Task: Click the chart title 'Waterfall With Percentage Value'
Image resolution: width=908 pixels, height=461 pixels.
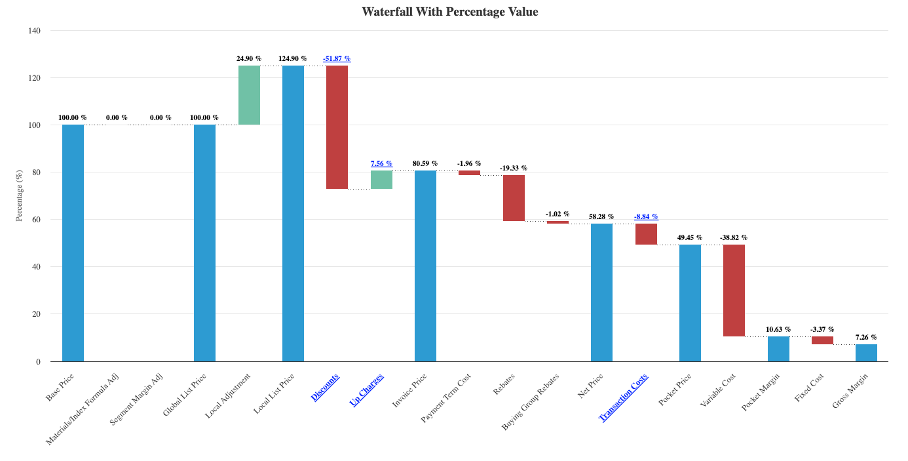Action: [449, 12]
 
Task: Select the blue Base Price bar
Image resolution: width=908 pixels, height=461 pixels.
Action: [73, 243]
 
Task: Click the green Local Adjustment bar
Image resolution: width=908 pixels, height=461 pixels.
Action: [249, 95]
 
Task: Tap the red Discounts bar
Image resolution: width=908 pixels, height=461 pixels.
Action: [337, 127]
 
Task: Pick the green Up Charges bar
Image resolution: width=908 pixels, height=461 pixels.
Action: [381, 180]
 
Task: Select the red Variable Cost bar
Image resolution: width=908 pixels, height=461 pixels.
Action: [734, 291]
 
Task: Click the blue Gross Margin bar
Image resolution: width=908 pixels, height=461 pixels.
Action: [866, 353]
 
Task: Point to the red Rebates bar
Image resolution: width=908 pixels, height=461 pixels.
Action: [514, 198]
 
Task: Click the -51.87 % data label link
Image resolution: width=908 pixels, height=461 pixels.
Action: [337, 59]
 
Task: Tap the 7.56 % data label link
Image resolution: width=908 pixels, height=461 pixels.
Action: [381, 164]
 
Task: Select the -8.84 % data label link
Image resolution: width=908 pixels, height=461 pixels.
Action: [646, 216]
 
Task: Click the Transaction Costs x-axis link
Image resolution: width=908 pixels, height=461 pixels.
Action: [624, 397]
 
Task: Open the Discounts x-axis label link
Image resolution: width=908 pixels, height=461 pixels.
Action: [326, 387]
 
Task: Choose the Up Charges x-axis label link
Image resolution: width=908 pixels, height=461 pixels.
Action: [367, 390]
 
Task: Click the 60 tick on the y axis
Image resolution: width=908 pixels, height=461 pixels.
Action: [36, 220]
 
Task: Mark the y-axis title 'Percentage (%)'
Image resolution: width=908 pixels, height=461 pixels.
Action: [20, 195]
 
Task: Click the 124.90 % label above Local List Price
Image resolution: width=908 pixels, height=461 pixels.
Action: [293, 59]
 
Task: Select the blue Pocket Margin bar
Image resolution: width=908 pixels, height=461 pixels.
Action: [778, 349]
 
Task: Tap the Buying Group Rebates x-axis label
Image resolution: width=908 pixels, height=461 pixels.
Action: [531, 401]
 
